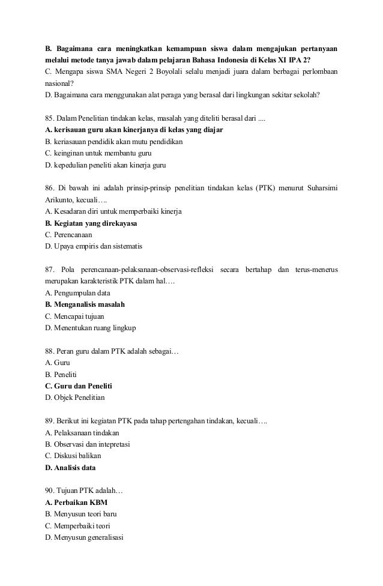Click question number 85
50,119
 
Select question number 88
50,352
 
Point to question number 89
50,422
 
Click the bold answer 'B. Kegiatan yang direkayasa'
91,224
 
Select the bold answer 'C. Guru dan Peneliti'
79,385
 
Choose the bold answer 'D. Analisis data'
70,468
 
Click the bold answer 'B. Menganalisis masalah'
85,305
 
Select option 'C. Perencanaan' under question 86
68,235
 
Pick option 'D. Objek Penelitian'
75,397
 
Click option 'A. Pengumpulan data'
77,294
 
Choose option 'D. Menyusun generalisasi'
84,538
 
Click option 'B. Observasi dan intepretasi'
88,444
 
